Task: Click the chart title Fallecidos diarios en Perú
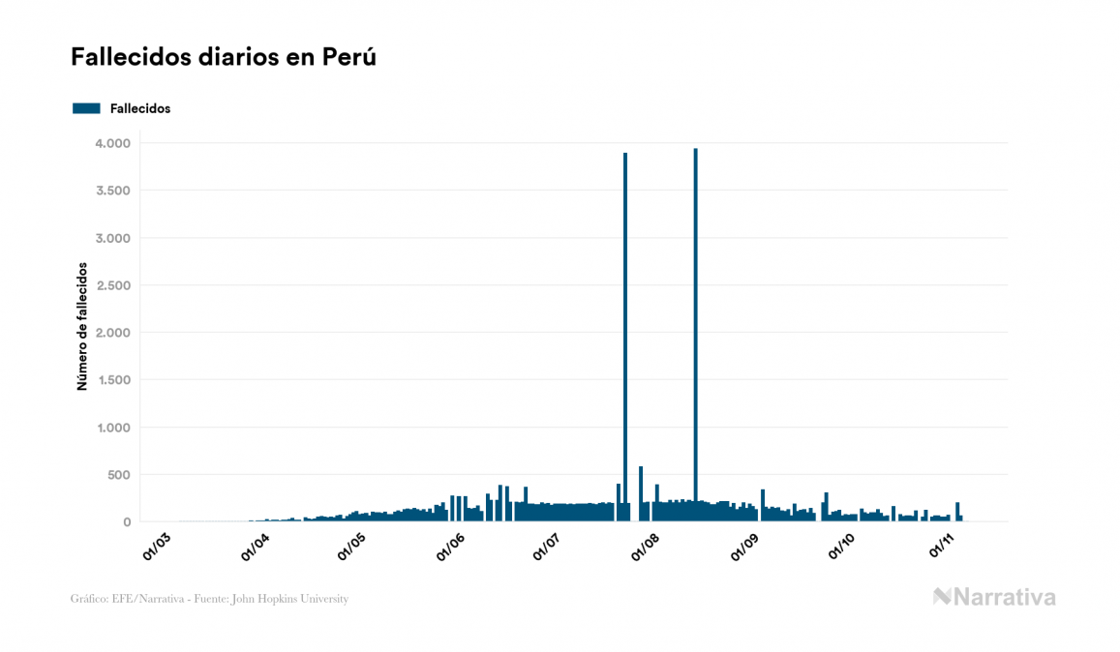click(223, 57)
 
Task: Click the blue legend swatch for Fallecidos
click(86, 108)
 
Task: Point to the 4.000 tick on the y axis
click(112, 143)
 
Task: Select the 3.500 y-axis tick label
click(112, 191)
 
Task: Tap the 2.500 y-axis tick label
click(112, 285)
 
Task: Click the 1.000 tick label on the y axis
click(112, 428)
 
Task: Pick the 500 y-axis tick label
click(117, 475)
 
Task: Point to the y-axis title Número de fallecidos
click(82, 326)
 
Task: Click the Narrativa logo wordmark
click(994, 597)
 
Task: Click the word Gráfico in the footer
click(88, 599)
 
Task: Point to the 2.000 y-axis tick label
click(112, 333)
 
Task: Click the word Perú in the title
click(349, 57)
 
